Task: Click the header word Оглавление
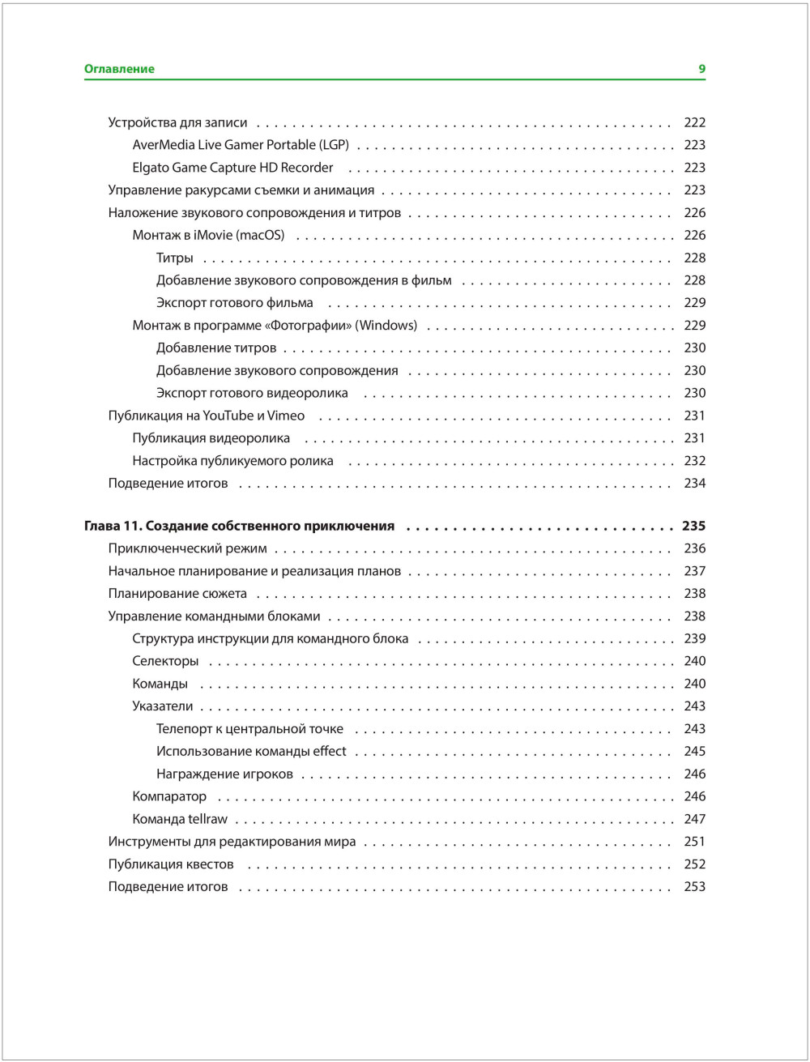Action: click(119, 69)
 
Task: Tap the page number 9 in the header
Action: click(702, 69)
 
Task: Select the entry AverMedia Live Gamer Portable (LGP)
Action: click(241, 145)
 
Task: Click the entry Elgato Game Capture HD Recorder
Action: click(232, 168)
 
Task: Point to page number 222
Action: click(694, 122)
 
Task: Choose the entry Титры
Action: click(175, 258)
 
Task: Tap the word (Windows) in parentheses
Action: click(386, 326)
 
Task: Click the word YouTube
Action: click(228, 416)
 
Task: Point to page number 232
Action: click(694, 461)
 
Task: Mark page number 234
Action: click(694, 484)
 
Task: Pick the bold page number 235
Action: click(693, 526)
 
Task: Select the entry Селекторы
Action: click(165, 661)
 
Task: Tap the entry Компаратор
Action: click(169, 796)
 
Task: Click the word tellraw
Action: click(208, 819)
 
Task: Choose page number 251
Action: click(694, 842)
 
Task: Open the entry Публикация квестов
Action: click(171, 864)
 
